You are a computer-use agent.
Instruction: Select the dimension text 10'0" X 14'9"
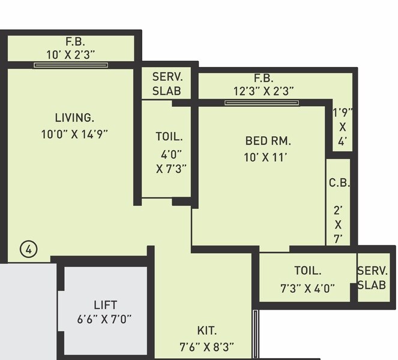74,134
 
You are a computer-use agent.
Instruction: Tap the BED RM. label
268,142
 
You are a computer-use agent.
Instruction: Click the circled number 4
28,248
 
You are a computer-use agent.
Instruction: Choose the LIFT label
105,305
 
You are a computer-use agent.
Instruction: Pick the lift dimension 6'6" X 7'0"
104,319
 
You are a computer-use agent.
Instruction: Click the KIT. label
207,331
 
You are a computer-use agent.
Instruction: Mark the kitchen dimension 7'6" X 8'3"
207,347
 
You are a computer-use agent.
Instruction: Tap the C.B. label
339,183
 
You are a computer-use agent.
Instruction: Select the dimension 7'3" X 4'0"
308,287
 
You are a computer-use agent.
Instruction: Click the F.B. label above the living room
76,42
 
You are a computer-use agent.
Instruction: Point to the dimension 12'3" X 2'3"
264,91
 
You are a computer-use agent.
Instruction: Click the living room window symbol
71,64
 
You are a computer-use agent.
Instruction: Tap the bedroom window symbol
262,103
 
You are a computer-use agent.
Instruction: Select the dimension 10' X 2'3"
71,55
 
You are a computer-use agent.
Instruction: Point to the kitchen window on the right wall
255,334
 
